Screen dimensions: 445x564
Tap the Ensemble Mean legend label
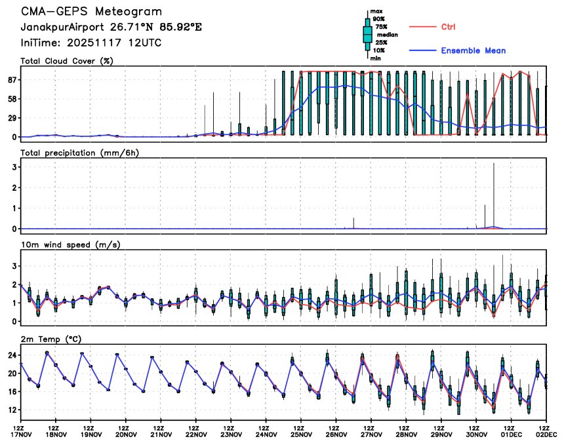(x=473, y=50)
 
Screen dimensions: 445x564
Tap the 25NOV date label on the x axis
(x=301, y=434)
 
